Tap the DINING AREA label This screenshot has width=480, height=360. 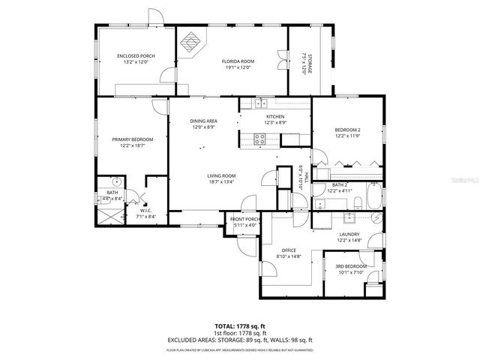coord(203,121)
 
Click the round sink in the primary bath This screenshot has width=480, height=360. coord(116,182)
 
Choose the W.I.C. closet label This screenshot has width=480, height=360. coord(146,211)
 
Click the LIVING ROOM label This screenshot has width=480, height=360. coord(222,175)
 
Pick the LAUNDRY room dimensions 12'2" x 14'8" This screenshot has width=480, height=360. coord(348,241)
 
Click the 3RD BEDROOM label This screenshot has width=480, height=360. coord(351,267)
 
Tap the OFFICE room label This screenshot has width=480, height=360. coord(289,250)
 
